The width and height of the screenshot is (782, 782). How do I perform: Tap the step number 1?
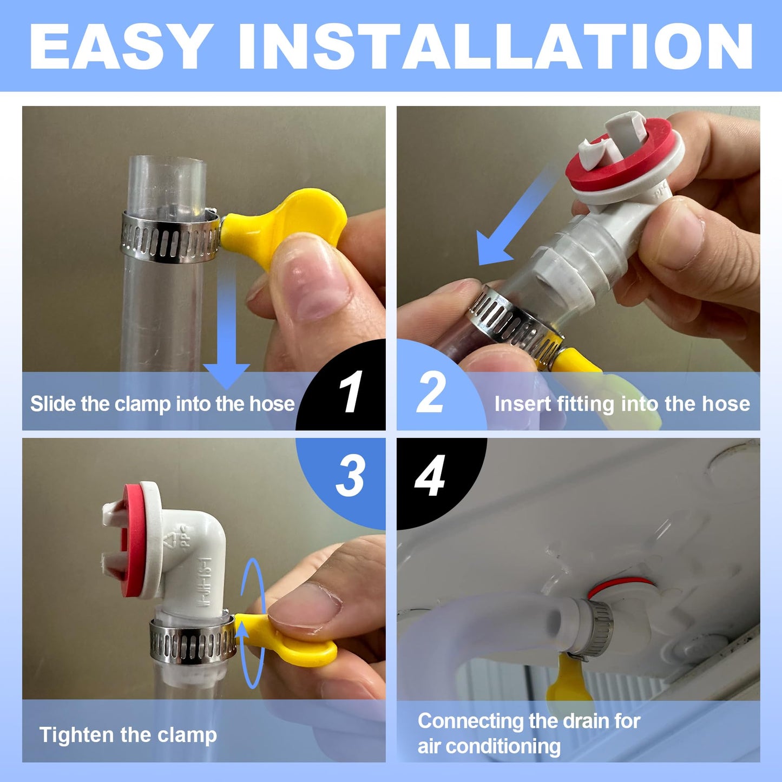click(351, 392)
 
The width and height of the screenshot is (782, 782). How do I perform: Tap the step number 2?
click(431, 392)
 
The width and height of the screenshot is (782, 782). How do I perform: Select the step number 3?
click(350, 476)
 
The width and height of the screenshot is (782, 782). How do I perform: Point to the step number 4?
click(430, 476)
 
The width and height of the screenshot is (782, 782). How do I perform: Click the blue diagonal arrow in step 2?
click(514, 222)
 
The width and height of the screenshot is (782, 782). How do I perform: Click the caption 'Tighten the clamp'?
click(128, 735)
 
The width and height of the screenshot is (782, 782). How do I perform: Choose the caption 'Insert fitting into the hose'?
click(622, 404)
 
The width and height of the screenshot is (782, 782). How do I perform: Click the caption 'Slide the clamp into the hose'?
click(162, 404)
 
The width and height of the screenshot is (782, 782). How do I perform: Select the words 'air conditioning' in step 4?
click(489, 746)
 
